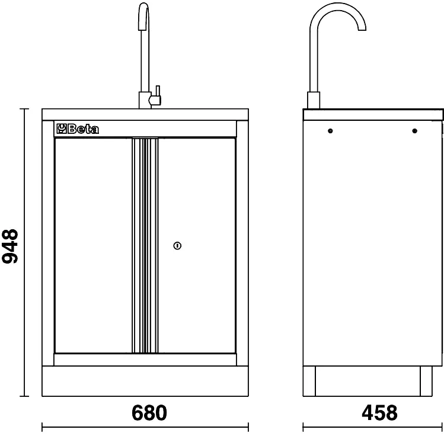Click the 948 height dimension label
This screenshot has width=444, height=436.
[x=10, y=246]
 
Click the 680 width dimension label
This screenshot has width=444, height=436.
[x=149, y=413]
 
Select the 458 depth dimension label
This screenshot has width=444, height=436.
[x=379, y=413]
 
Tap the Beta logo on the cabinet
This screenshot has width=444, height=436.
[x=78, y=129]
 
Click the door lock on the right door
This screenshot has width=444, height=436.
[x=177, y=246]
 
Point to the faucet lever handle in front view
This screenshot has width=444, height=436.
[x=156, y=96]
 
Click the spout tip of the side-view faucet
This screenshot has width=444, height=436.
[x=362, y=29]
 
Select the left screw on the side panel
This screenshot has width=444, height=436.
[x=330, y=131]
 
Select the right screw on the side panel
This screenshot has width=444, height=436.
[x=414, y=131]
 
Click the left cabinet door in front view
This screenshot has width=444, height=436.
[x=93, y=246]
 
